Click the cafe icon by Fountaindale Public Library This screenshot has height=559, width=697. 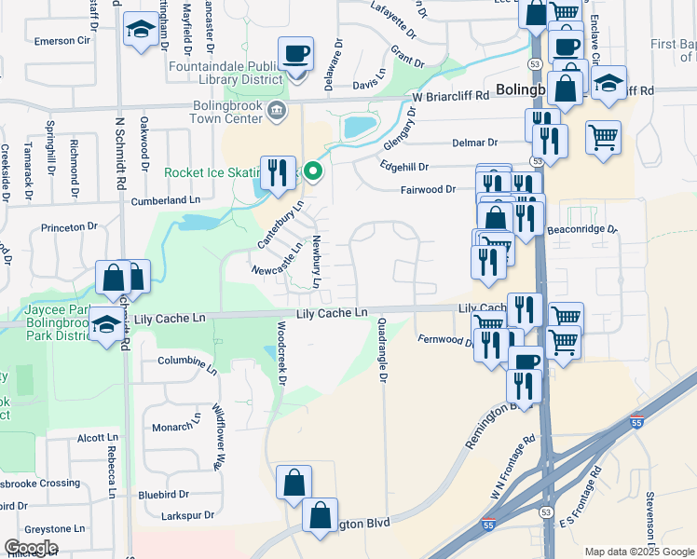click(x=296, y=54)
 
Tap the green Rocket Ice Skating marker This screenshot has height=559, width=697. click(x=314, y=171)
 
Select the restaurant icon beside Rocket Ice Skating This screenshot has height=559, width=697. click(x=278, y=172)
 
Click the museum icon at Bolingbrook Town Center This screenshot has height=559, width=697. click(x=276, y=112)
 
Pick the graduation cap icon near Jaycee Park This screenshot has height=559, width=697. click(x=106, y=326)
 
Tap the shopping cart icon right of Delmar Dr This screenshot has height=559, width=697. click(x=604, y=137)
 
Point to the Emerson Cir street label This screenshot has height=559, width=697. click(x=61, y=41)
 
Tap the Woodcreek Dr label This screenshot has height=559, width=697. click(x=281, y=350)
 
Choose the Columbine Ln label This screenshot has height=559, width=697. click(x=186, y=361)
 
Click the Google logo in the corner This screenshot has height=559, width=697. click(x=31, y=548)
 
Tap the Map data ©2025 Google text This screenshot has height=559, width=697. click(x=638, y=552)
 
